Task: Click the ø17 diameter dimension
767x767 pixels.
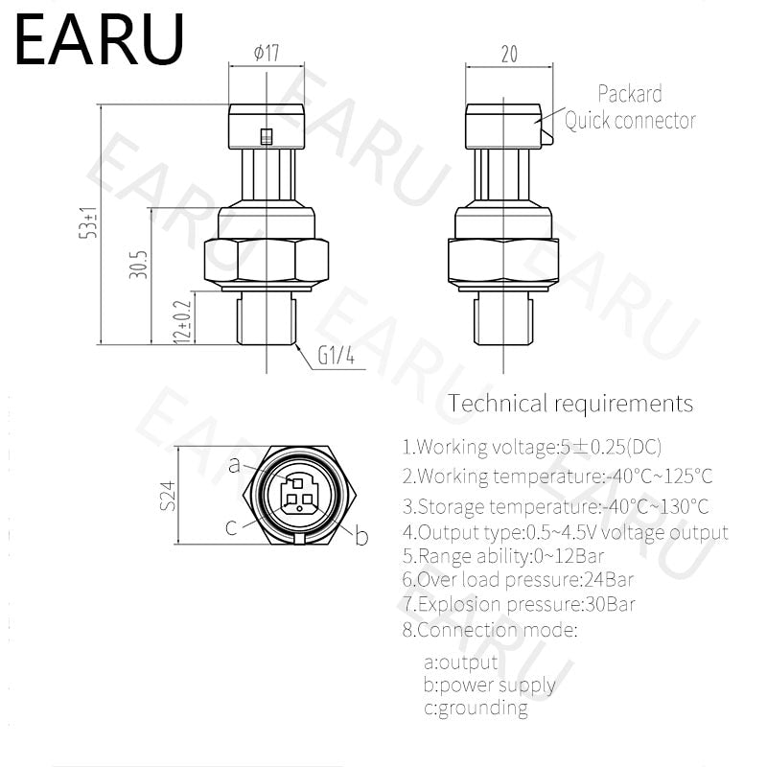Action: tap(266, 54)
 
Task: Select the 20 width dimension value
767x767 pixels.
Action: tap(509, 55)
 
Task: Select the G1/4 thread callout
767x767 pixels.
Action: tap(337, 358)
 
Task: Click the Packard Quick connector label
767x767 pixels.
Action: tap(629, 106)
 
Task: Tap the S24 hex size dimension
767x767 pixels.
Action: tap(169, 496)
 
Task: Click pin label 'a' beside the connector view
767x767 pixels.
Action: tap(234, 465)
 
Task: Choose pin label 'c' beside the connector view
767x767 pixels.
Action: tap(231, 526)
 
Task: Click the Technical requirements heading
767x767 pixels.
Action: tap(570, 403)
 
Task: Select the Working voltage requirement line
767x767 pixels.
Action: tap(531, 446)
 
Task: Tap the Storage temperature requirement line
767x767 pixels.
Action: tap(556, 505)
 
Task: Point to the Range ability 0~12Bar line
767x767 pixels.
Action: tap(502, 555)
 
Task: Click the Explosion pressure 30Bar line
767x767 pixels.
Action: tap(518, 604)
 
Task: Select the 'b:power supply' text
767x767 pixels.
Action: tap(489, 685)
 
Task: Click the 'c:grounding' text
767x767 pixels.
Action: tap(476, 709)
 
